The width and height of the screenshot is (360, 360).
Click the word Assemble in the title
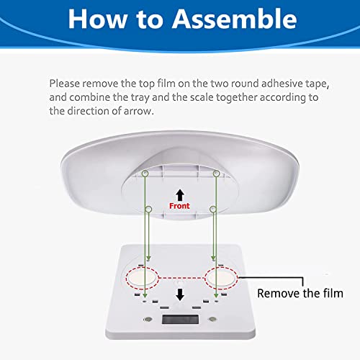coord(235,19)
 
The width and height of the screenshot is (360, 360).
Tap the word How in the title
coord(98,19)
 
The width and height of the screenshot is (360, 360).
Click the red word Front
coord(179,206)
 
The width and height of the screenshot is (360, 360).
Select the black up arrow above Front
coord(180,195)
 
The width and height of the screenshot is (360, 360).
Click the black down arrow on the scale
coord(180,294)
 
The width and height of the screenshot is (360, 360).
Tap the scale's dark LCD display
coord(180,319)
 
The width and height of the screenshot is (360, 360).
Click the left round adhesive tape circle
coord(142,279)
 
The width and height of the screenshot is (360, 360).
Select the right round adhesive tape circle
coord(221,279)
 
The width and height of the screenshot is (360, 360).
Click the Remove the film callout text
coord(300,293)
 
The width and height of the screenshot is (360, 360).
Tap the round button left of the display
coord(148,320)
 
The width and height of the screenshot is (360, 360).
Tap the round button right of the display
coord(212,320)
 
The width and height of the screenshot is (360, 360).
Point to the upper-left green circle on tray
coord(145,174)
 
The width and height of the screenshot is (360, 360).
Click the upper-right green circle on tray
coord(216,174)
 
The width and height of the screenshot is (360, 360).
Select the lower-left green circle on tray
coord(149,210)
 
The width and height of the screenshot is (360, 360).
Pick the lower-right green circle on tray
coord(212,210)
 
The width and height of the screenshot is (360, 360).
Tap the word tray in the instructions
coord(140,98)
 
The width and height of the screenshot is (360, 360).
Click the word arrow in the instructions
coord(138,111)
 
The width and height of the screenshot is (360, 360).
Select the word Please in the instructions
coord(64,84)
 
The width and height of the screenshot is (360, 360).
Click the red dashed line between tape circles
coord(181,279)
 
